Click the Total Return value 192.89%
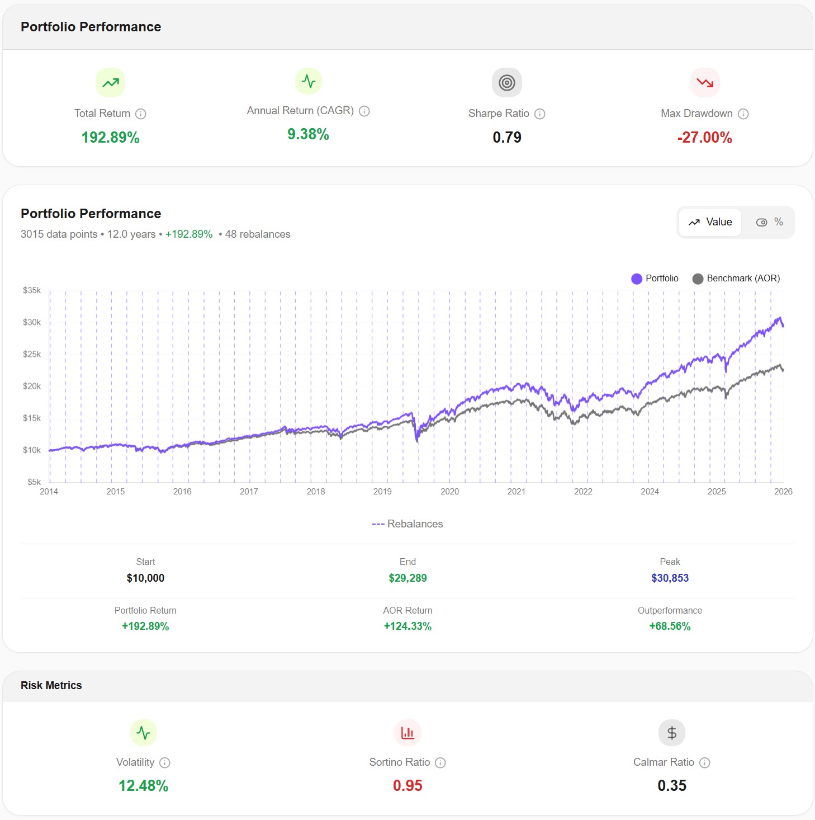[110, 138]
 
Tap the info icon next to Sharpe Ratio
[539, 114]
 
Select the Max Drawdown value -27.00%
[704, 138]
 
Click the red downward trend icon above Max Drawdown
[704, 83]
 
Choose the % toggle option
[770, 222]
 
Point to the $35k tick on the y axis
[32, 290]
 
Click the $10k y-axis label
[32, 450]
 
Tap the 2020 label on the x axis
[449, 492]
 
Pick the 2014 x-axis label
[49, 492]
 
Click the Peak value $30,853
[670, 578]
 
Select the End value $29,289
[407, 578]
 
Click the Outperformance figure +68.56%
[670, 626]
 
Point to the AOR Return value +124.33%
[407, 626]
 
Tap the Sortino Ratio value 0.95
[407, 785]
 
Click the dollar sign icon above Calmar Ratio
[671, 733]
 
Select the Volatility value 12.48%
[143, 785]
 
